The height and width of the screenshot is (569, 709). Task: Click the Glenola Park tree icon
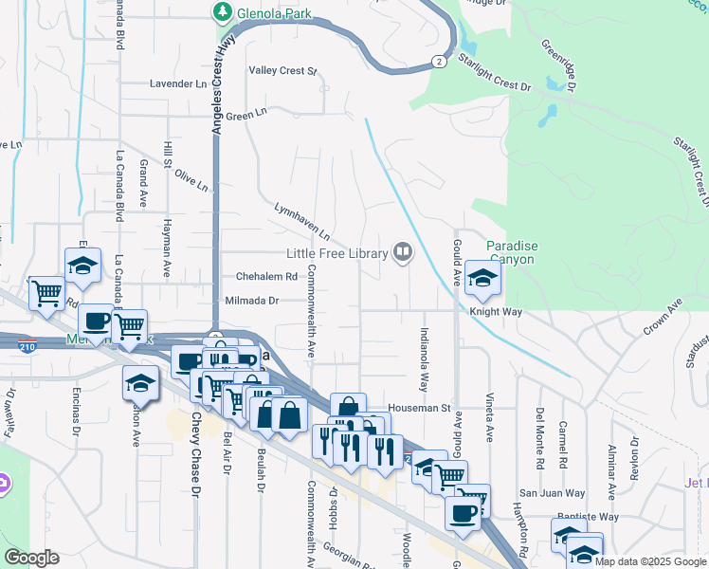(x=224, y=11)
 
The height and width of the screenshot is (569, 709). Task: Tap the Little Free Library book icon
(x=403, y=252)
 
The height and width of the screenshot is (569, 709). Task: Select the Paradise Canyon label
(x=511, y=252)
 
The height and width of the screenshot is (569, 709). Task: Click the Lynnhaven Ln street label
(x=300, y=219)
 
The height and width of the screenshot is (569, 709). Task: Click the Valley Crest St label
(x=282, y=71)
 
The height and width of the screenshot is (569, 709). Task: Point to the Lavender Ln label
(x=178, y=83)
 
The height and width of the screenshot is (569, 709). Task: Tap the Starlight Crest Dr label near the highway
(x=494, y=74)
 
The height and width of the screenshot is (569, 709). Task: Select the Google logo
(x=32, y=558)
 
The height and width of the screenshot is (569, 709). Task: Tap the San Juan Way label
(x=549, y=493)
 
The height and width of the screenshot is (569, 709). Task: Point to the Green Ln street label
(x=247, y=116)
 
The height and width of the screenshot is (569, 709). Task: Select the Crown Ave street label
(x=664, y=317)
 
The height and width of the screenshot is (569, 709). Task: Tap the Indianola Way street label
(x=424, y=361)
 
